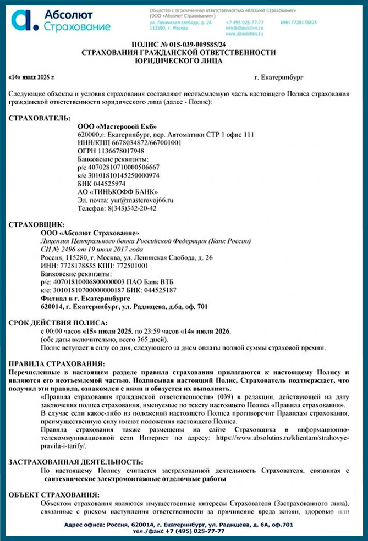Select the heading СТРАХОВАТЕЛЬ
tap(40, 118)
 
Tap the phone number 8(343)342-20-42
tap(131, 208)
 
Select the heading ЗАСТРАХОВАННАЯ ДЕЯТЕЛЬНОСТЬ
tap(75, 461)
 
